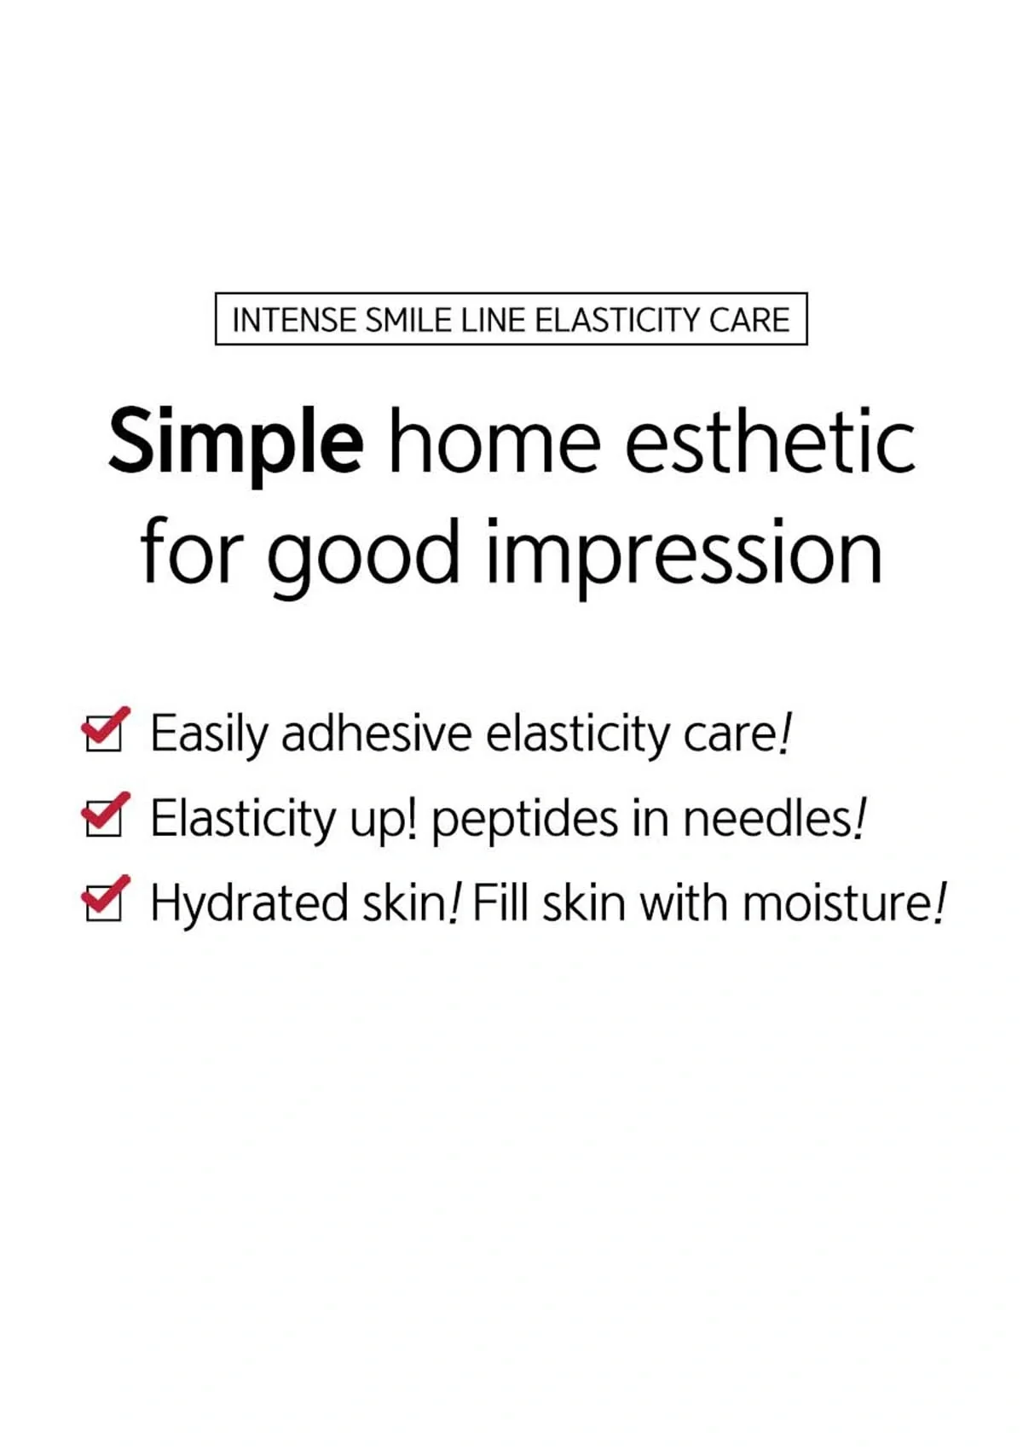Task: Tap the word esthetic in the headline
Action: [x=770, y=442]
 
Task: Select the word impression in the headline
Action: [x=684, y=554]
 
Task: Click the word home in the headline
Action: [x=494, y=442]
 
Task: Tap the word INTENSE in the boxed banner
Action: [x=294, y=320]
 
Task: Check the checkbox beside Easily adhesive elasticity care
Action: [x=104, y=733]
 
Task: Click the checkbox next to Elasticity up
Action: [x=104, y=817]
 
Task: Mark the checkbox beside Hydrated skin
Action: [x=104, y=902]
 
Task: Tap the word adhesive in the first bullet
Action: [x=376, y=733]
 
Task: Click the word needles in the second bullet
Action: [x=767, y=818]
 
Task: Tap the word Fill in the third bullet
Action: [x=500, y=902]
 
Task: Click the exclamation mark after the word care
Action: [x=785, y=733]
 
